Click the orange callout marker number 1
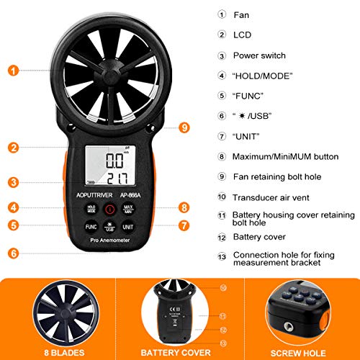pos(14,70)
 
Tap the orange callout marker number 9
pos(185,127)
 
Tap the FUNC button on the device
pos(89,226)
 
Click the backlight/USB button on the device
pos(109,227)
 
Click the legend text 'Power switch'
pos(259,55)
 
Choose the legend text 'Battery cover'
pos(259,236)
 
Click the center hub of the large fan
pos(109,70)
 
